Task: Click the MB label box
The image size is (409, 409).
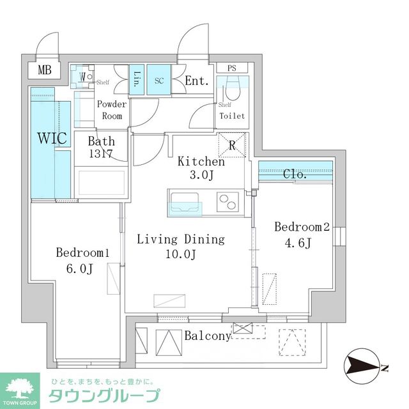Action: coord(45,70)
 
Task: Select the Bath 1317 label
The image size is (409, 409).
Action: coord(102,148)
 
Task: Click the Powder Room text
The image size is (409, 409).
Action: coord(112,110)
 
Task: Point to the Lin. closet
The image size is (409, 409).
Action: coord(137,80)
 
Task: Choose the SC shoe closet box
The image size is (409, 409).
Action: coord(160,80)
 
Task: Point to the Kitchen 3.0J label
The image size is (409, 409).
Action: coord(201,169)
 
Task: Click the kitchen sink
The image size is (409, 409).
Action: coord(185,208)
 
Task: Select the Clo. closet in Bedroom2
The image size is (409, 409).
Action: coord(295,173)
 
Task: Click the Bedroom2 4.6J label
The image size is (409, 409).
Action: coord(302,235)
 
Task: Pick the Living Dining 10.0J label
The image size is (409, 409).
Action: coord(181,247)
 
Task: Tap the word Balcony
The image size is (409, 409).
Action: coord(207,336)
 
